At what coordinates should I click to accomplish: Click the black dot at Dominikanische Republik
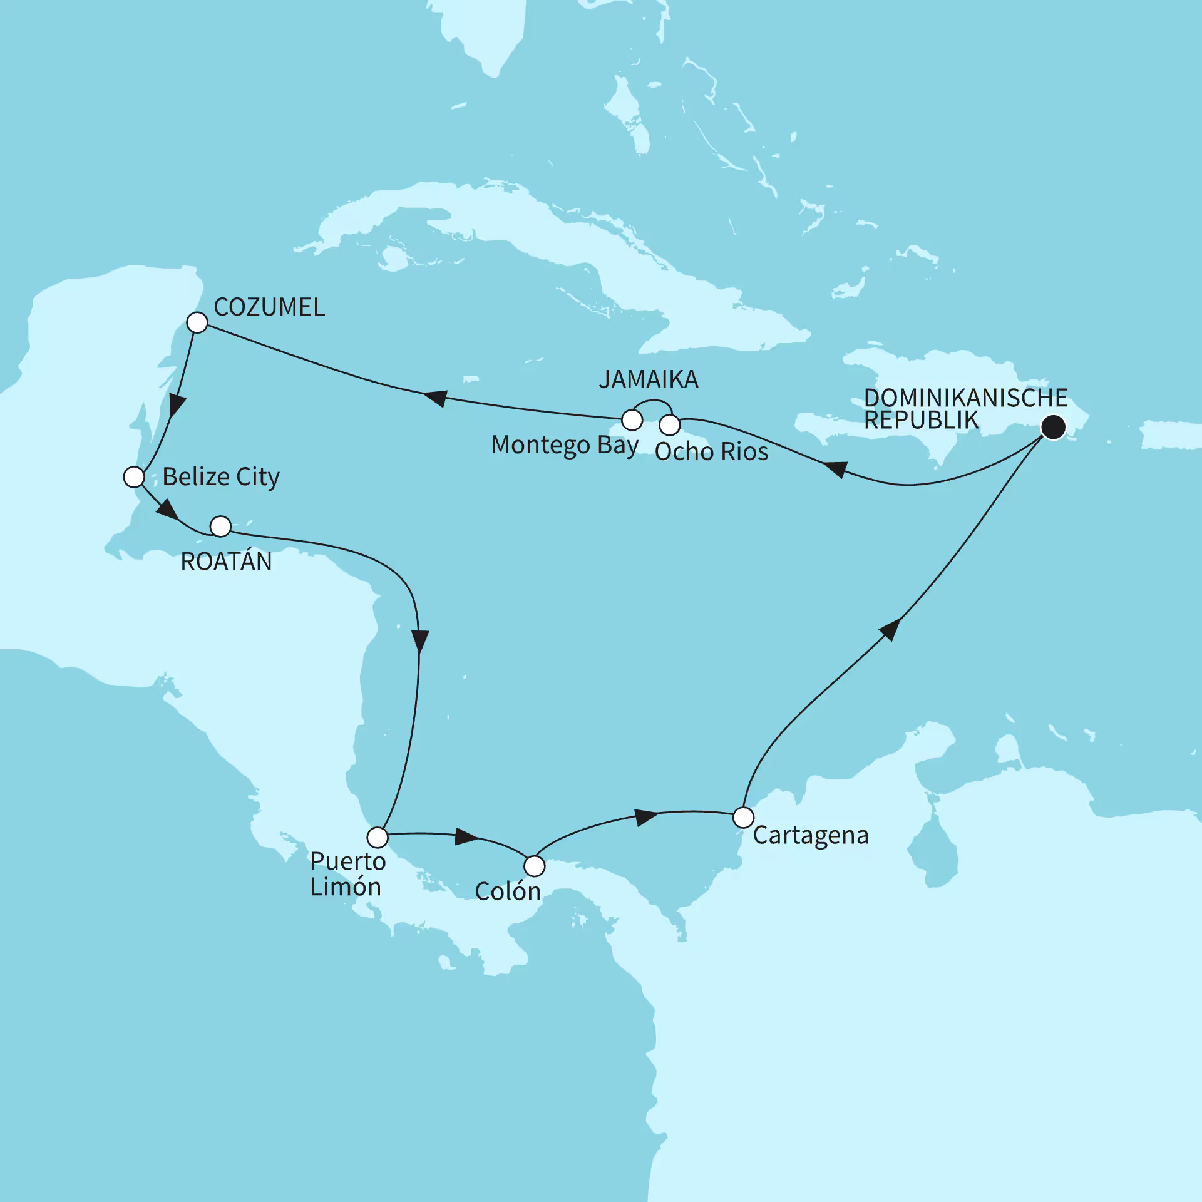pos(1053,428)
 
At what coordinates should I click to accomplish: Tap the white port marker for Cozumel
pos(197,323)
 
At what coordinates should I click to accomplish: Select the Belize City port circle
pos(134,477)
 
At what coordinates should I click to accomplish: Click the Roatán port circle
pos(220,527)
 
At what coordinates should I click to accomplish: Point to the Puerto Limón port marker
pos(378,837)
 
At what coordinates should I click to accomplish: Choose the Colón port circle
pos(534,866)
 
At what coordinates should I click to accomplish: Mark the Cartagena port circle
pos(743,818)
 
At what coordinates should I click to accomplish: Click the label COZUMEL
pos(269,307)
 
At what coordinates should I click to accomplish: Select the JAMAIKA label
pos(649,380)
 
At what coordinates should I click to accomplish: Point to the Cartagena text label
pos(811,836)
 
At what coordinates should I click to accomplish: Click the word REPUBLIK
pos(921,421)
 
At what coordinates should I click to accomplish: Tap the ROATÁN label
pos(226,562)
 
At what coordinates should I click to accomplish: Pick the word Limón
pos(346,887)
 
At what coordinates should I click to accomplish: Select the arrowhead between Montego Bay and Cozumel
pos(434,398)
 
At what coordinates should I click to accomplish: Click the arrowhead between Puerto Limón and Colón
pos(466,836)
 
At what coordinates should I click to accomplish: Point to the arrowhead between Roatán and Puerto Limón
pos(420,642)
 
